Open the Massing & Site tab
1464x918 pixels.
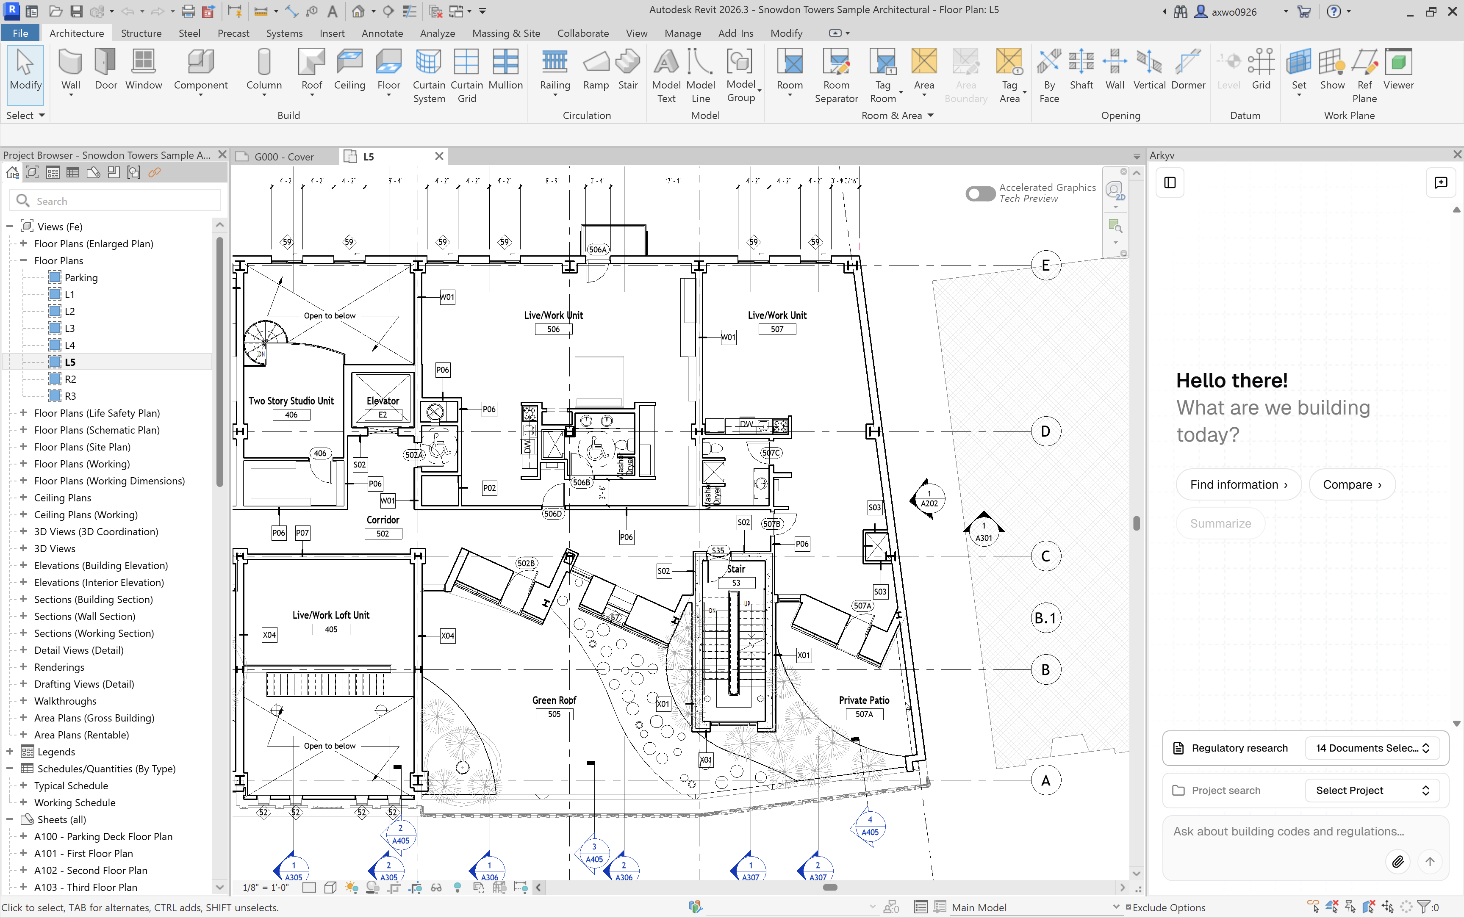[505, 33]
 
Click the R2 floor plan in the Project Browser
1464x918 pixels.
[70, 379]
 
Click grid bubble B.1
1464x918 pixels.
[1045, 618]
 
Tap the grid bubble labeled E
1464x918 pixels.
[1045, 265]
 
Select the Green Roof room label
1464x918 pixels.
[554, 700]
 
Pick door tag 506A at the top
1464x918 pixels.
[597, 249]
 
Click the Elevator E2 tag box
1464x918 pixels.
[383, 415]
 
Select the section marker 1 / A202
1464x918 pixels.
[929, 499]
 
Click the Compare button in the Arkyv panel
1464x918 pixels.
[1352, 484]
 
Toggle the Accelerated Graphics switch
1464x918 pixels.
[979, 194]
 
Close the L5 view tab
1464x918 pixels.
[439, 156]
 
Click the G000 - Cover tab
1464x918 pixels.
[283, 157]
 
